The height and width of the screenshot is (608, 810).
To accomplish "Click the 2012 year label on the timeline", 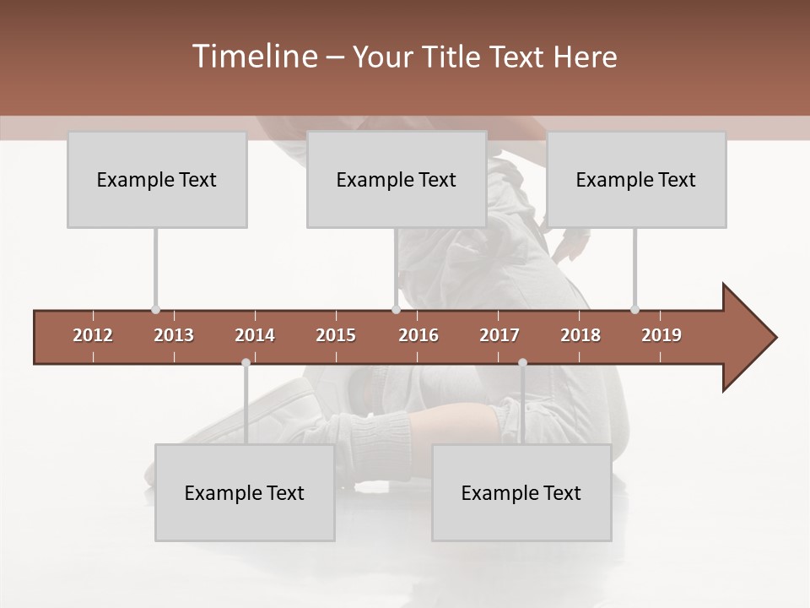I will (93, 335).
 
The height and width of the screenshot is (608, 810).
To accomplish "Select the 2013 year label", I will (174, 335).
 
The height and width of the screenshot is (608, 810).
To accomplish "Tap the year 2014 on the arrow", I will (255, 335).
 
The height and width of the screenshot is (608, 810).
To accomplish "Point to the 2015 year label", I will (336, 335).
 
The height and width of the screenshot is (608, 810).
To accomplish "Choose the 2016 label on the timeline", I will (418, 335).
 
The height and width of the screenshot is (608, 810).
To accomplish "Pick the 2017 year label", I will (499, 335).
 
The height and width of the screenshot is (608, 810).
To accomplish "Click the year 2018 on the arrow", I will (580, 335).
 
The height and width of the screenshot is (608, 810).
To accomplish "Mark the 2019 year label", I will (661, 335).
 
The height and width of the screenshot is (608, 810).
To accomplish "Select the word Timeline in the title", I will (253, 57).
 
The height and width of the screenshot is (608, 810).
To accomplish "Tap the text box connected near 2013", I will (157, 179).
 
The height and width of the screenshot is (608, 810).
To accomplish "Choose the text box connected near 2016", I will (396, 179).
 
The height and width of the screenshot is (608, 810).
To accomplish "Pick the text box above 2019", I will (636, 179).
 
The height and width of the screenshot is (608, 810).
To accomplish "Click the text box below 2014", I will (245, 492).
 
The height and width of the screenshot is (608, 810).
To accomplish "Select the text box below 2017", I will (521, 492).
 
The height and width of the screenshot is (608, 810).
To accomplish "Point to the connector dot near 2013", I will (155, 310).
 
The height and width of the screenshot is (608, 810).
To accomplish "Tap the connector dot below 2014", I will (246, 363).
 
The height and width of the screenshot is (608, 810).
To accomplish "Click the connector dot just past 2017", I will (522, 363).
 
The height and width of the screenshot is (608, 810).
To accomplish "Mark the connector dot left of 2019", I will (634, 310).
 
